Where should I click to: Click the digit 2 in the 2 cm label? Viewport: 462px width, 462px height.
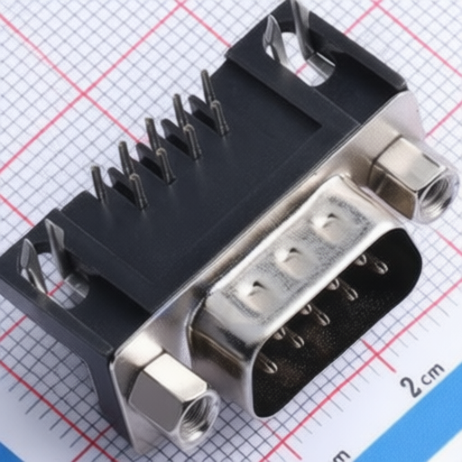point(411,385)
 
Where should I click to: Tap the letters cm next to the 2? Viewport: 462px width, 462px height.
point(434,373)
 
